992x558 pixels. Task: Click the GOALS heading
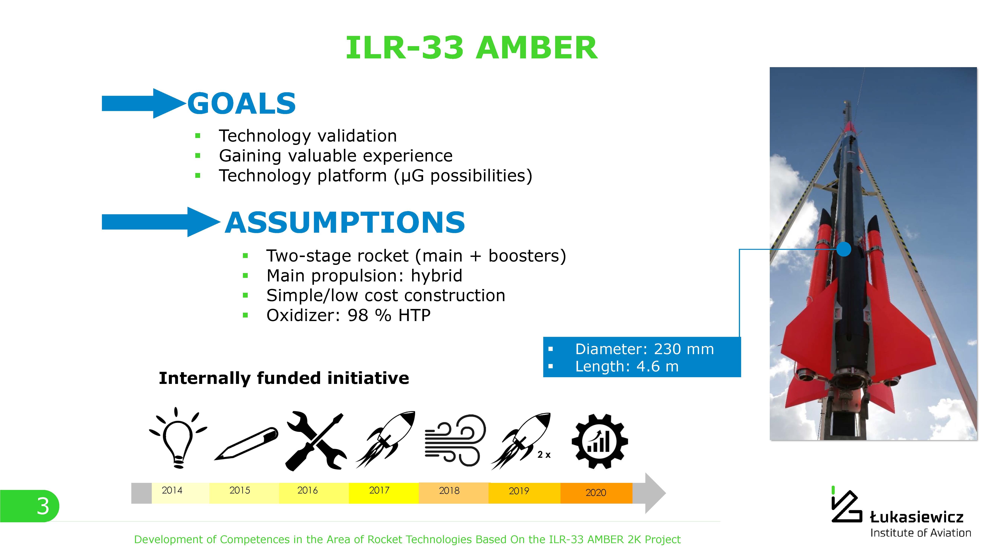[241, 104]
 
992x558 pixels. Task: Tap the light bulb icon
[178, 438]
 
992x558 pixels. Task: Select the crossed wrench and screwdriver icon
[316, 441]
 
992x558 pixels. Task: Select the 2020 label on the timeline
[596, 493]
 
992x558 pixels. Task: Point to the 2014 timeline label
[172, 490]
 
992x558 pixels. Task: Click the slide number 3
[43, 506]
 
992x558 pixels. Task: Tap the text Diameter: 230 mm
[644, 349]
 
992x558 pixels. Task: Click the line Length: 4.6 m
[627, 366]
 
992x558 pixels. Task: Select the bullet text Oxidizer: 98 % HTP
[348, 315]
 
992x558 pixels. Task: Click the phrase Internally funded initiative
[284, 378]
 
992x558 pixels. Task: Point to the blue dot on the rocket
[844, 249]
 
